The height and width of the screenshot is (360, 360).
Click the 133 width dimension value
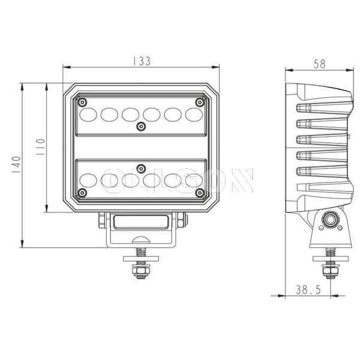tap(142, 61)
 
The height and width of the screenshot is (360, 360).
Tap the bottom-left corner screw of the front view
tap(83, 192)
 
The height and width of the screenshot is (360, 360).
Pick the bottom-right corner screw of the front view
tap(200, 192)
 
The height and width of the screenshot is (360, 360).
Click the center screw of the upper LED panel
tap(141, 126)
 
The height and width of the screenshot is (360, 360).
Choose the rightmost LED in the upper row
tap(194, 113)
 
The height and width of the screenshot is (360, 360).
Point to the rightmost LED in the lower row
tap(194, 179)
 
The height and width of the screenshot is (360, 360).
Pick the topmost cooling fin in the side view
tap(323, 109)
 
